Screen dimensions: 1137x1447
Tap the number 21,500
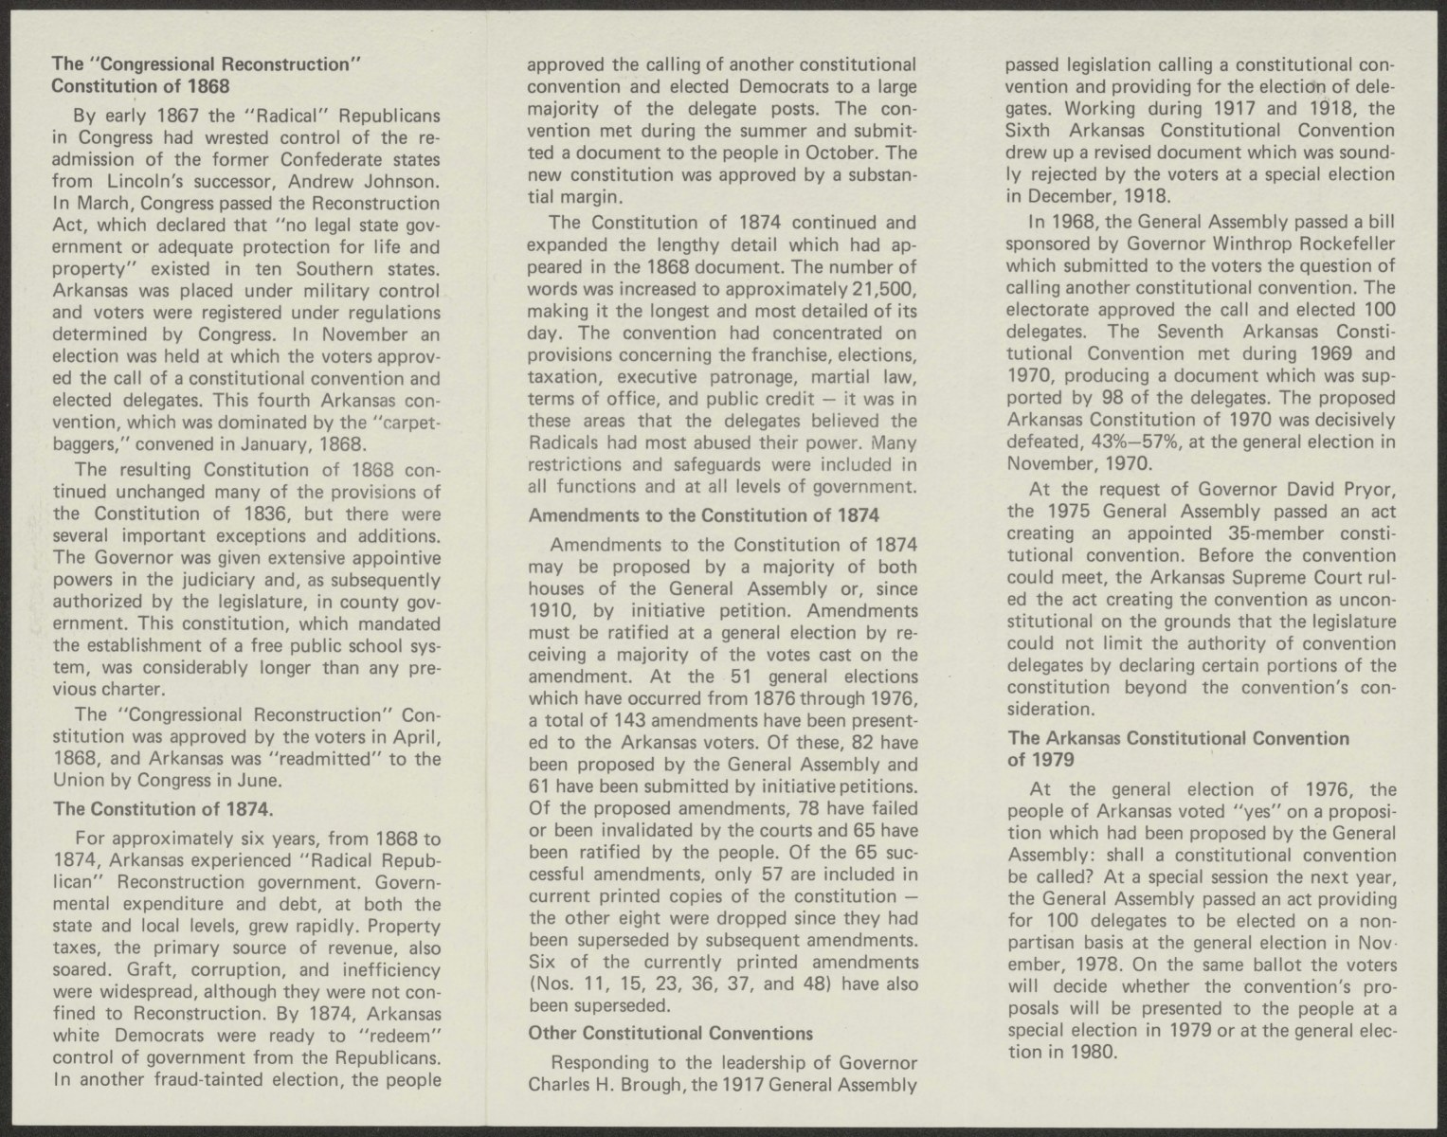click(882, 289)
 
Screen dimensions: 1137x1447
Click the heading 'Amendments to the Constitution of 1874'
click(703, 515)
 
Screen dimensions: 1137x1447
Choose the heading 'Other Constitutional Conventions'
click(670, 1033)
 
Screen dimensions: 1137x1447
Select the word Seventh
click(1190, 332)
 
